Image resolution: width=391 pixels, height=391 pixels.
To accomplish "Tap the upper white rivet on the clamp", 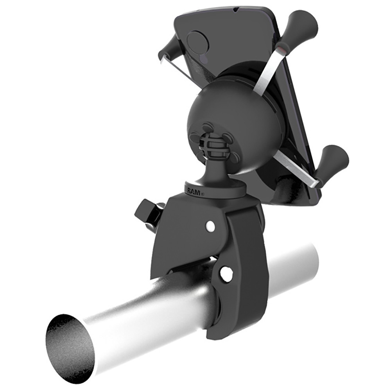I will [210, 226].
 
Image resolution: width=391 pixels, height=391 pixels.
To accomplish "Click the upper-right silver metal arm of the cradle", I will [270, 68].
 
